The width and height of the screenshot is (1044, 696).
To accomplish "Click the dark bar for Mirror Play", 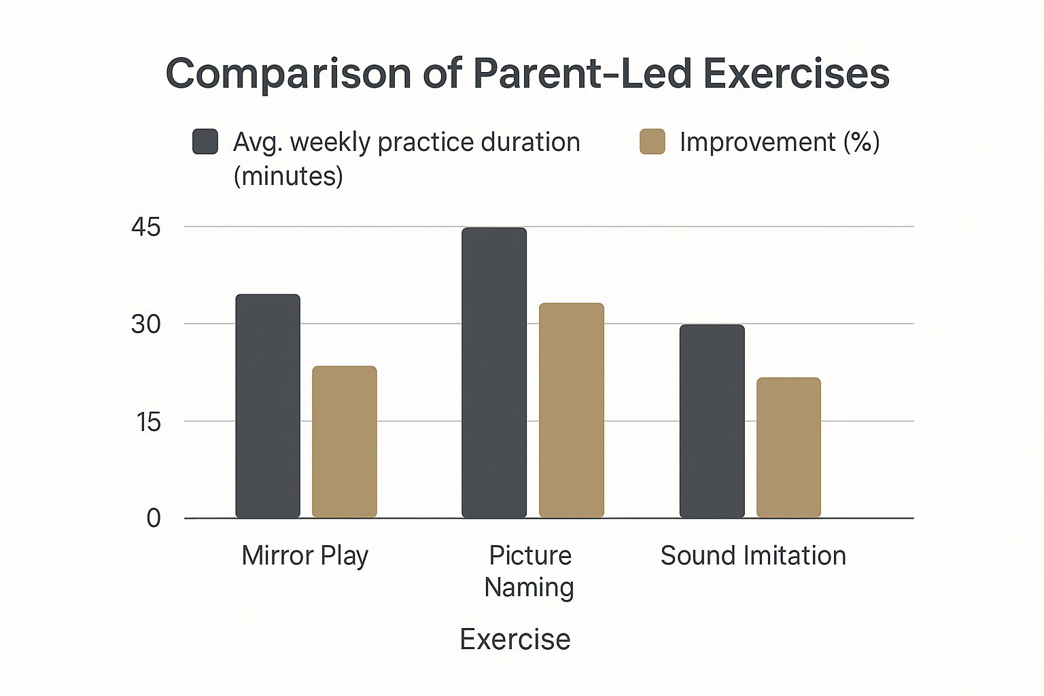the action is coord(268,406).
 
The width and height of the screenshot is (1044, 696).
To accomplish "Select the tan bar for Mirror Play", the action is coord(345,442).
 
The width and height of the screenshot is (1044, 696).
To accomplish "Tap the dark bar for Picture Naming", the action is coord(494,372).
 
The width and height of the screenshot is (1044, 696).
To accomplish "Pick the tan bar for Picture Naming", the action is coord(572,411).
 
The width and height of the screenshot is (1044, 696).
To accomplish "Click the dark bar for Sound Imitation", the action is coord(712,421).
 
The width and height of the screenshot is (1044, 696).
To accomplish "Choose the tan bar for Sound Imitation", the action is coord(788,447).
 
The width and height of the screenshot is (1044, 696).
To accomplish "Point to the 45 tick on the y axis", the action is coord(146,228).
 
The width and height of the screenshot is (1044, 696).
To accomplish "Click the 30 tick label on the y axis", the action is coord(146,324).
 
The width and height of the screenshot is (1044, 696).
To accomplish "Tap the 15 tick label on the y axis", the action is coord(148,422).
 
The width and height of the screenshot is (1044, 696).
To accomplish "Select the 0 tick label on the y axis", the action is coord(154,519).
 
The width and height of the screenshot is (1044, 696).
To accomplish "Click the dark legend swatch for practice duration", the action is coord(205,141).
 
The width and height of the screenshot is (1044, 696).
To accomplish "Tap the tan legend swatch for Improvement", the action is coord(652,141).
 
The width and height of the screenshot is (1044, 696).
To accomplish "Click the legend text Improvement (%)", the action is coord(780,142).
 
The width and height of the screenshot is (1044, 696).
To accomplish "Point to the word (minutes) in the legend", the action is coord(288,177).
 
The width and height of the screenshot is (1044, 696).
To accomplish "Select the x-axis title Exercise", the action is coord(515,639).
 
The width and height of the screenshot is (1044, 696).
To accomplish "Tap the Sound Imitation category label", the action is coord(753,555).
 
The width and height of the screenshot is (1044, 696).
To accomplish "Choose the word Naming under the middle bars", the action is coord(529,587).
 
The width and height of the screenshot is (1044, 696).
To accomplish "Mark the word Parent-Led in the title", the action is coord(582,73).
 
